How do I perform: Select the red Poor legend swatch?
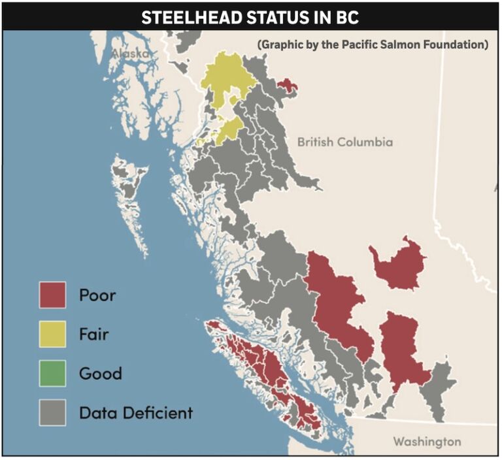click(x=52, y=295)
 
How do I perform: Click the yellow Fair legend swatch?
click(x=52, y=335)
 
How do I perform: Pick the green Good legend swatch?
click(x=52, y=374)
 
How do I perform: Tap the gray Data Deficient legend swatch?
click(x=52, y=413)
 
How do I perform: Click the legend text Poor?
click(x=97, y=295)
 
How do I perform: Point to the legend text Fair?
click(x=93, y=335)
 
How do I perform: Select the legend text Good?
click(x=100, y=374)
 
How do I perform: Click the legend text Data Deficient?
click(x=136, y=413)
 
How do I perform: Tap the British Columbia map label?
click(x=344, y=142)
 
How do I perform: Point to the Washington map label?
click(x=426, y=441)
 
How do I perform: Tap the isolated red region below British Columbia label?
click(x=395, y=263)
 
